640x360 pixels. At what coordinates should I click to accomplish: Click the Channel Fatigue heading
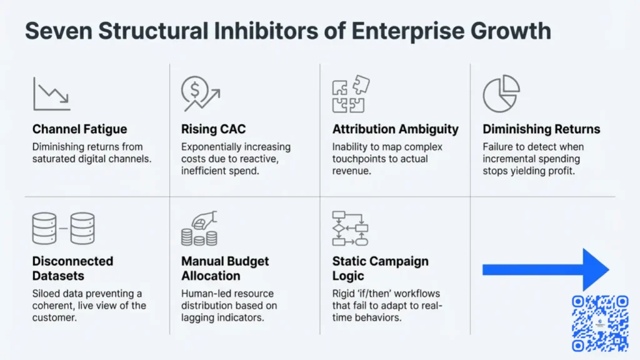click(x=79, y=129)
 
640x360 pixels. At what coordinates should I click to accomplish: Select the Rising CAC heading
click(x=213, y=129)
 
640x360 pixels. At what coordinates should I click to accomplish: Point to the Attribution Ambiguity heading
click(x=395, y=129)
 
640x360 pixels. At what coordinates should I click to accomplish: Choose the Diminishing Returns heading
click(x=541, y=129)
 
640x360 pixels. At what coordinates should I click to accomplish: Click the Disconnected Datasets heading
click(x=72, y=268)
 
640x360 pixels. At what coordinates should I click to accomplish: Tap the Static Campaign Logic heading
click(x=380, y=268)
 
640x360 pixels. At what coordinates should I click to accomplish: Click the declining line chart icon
click(x=51, y=93)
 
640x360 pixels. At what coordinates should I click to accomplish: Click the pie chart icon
click(x=501, y=94)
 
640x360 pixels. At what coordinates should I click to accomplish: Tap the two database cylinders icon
click(x=63, y=229)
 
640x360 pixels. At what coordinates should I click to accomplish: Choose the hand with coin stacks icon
click(x=199, y=228)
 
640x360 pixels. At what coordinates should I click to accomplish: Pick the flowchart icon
click(x=350, y=228)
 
